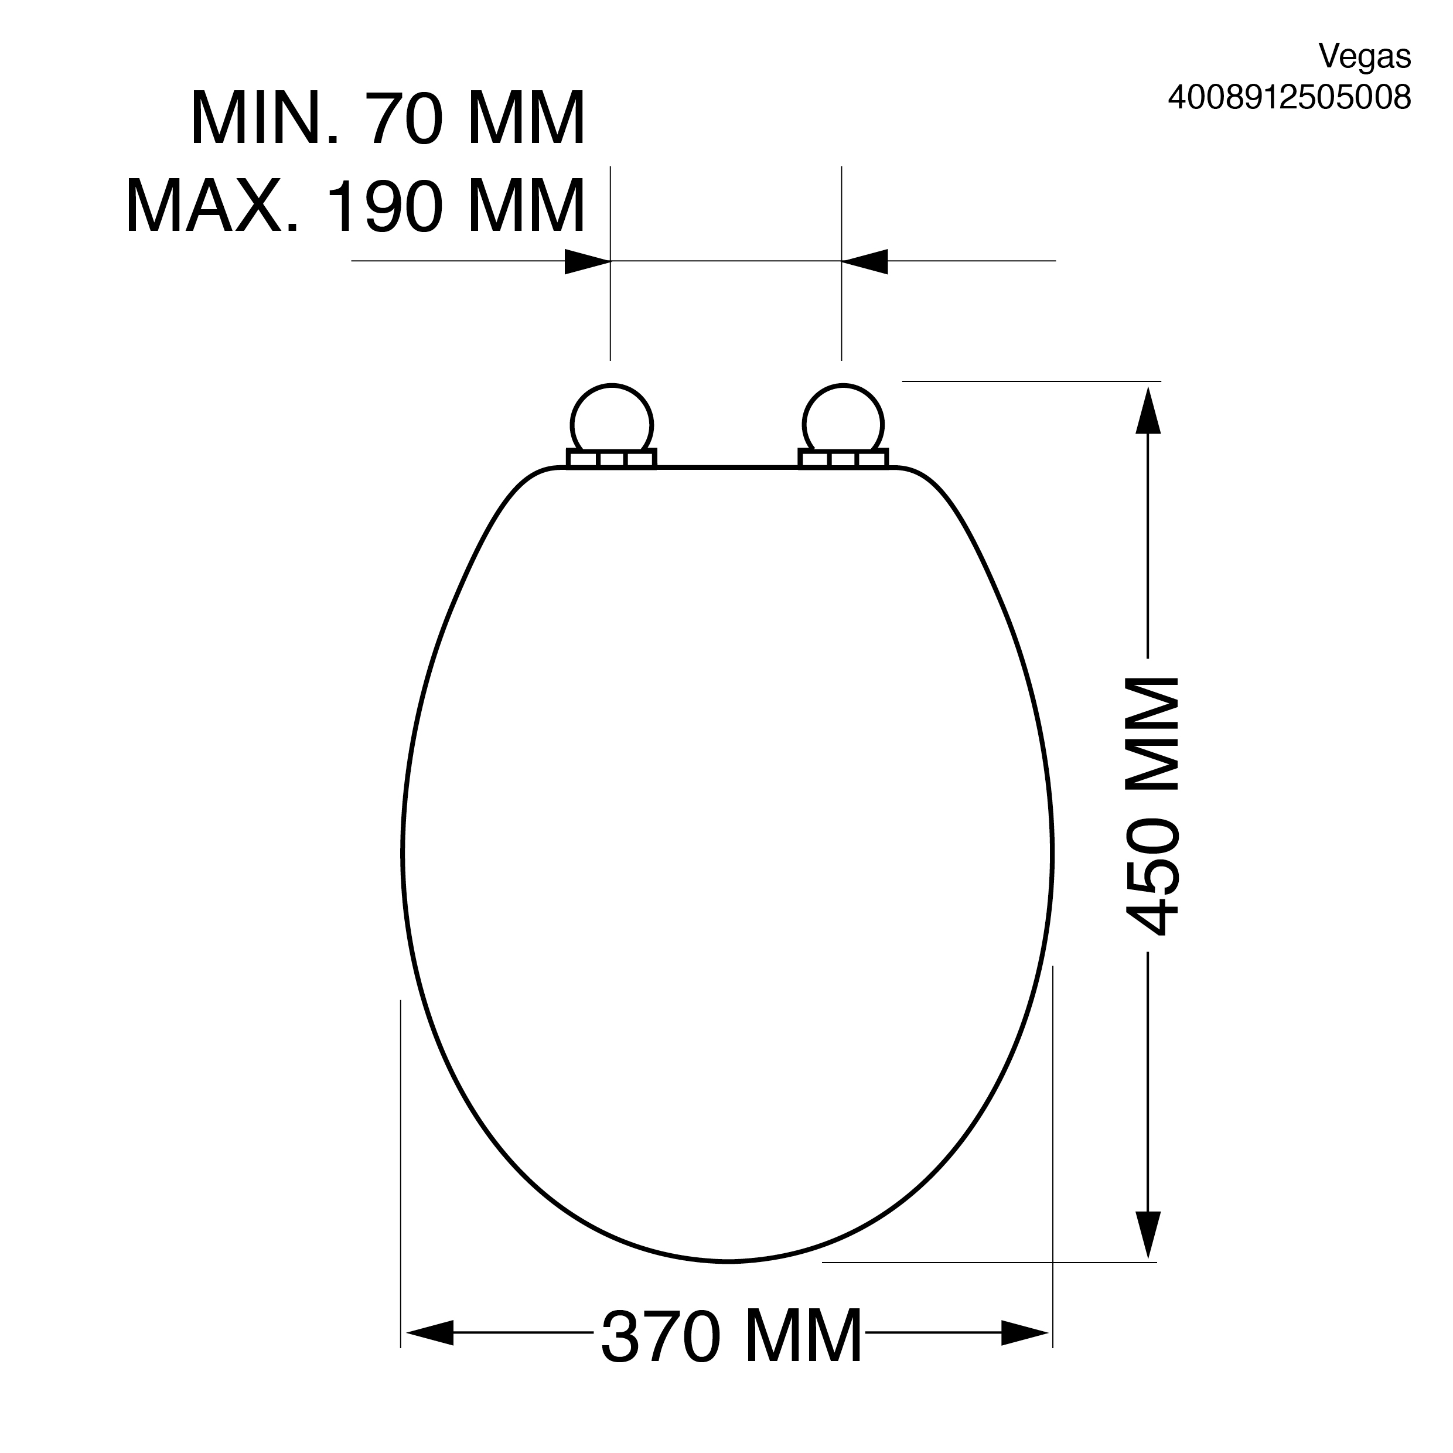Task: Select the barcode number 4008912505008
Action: click(1289, 97)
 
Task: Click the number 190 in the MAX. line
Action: click(382, 205)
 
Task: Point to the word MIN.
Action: click(265, 118)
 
